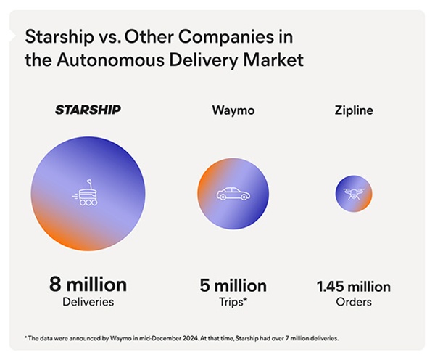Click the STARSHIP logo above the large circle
click(x=88, y=110)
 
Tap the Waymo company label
click(x=233, y=111)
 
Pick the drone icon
click(x=353, y=194)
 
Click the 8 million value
click(x=88, y=284)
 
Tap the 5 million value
click(x=233, y=285)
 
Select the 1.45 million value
click(x=354, y=286)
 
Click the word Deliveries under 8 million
click(x=88, y=301)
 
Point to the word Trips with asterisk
click(x=233, y=301)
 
